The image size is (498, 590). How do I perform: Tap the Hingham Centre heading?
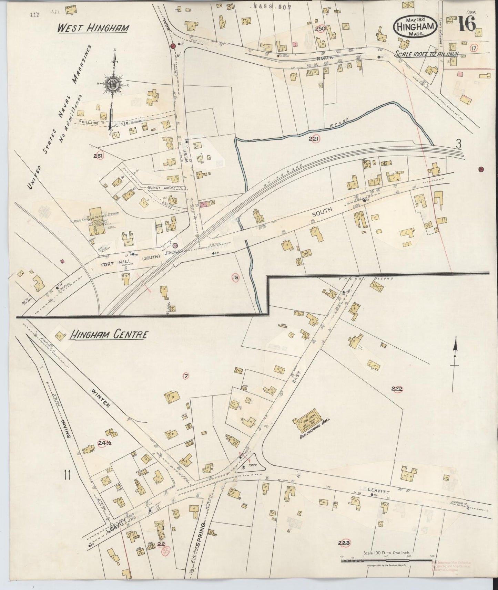click(109, 335)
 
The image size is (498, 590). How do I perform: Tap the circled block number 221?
click(314, 139)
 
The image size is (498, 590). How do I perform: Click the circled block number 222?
click(397, 389)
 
